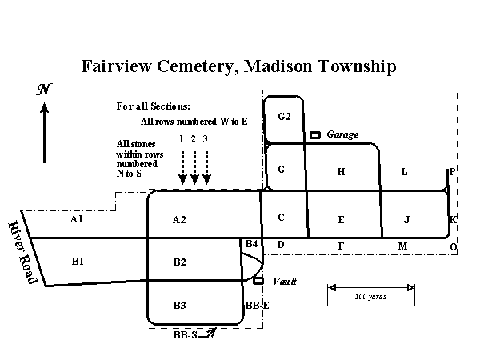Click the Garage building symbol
click(x=315, y=135)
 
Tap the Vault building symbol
click(x=258, y=281)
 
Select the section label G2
click(x=284, y=117)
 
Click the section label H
click(x=341, y=172)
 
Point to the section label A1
click(x=77, y=219)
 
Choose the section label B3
click(x=180, y=306)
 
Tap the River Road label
click(x=22, y=253)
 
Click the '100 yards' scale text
click(x=370, y=297)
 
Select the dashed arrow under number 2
click(x=194, y=168)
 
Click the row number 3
click(x=205, y=139)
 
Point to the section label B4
click(x=252, y=244)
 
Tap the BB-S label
click(x=186, y=335)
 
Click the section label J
click(x=406, y=220)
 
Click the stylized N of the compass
click(x=44, y=89)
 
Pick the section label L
click(x=404, y=172)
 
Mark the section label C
click(x=282, y=218)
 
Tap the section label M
click(x=402, y=246)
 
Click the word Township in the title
click(x=358, y=66)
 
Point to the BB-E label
click(x=257, y=306)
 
